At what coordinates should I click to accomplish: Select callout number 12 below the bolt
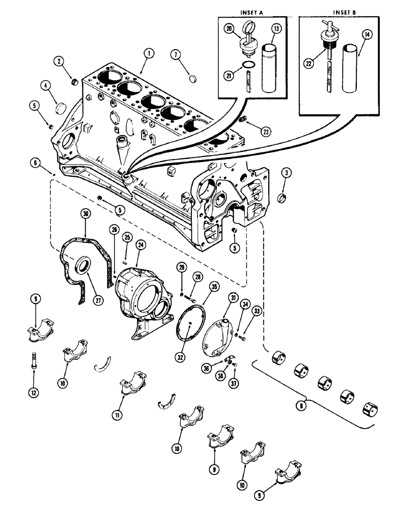tap(34, 393)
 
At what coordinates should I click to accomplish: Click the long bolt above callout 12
tap(34, 361)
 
